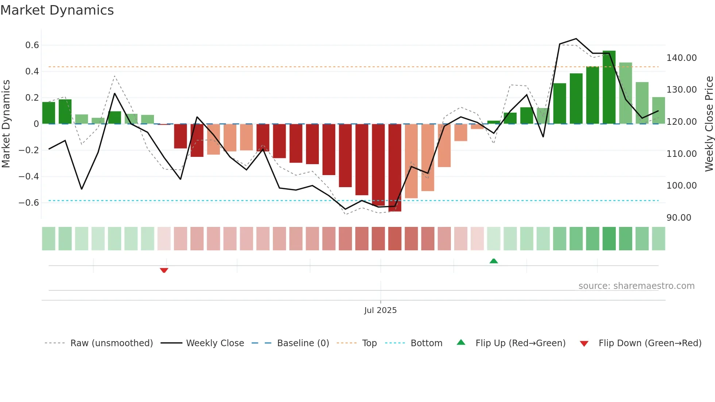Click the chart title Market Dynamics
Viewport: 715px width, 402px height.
(57, 10)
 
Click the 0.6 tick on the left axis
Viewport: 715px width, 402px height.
(32, 45)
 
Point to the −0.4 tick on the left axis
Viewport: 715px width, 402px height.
(28, 177)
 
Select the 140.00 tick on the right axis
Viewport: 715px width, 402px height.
(681, 58)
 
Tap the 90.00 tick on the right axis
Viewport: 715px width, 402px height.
(679, 218)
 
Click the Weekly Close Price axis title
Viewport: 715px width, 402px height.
(709, 124)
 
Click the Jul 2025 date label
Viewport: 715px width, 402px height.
(380, 310)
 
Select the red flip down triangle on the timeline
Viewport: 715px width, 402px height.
(164, 270)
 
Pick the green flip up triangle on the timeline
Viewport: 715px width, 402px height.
(494, 261)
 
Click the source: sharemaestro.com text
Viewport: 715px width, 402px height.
(636, 286)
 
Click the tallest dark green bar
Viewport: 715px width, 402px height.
(609, 88)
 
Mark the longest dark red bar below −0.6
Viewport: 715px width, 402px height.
(395, 168)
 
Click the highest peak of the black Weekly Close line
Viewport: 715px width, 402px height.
(576, 39)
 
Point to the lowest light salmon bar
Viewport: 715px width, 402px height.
(411, 161)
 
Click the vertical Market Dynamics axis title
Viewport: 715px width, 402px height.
(6, 124)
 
